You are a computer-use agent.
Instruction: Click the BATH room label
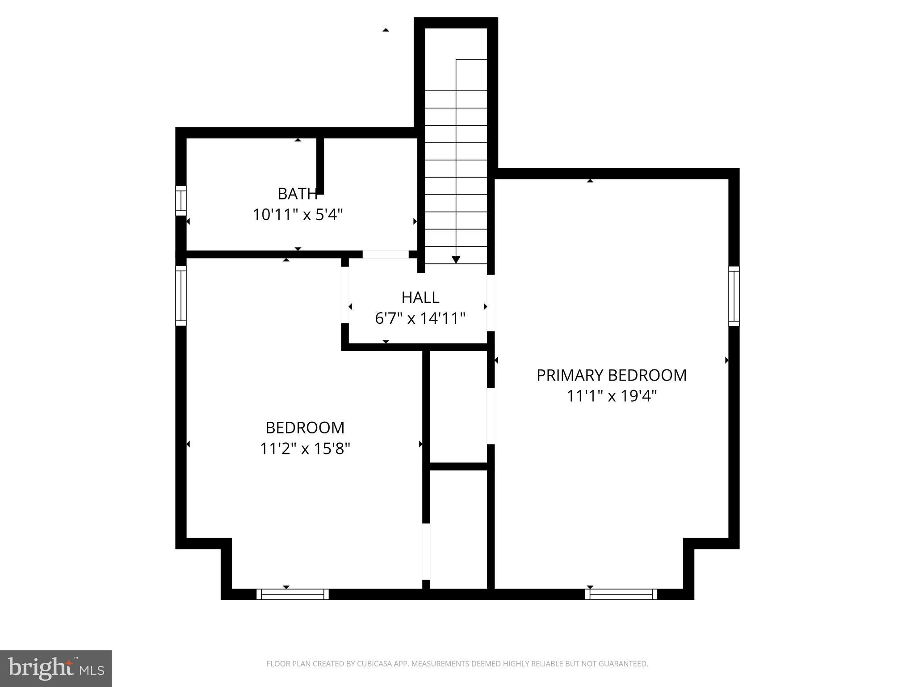pyautogui.click(x=297, y=194)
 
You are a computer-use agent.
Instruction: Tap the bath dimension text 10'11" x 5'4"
pyautogui.click(x=298, y=215)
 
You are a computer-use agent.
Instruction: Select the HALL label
pyautogui.click(x=420, y=297)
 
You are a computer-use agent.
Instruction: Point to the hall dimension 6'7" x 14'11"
pyautogui.click(x=420, y=318)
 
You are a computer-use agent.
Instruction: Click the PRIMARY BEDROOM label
pyautogui.click(x=611, y=375)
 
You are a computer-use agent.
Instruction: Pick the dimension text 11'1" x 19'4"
pyautogui.click(x=611, y=396)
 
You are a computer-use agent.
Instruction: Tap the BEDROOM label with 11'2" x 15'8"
pyautogui.click(x=305, y=428)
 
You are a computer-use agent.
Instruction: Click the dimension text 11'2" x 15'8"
pyautogui.click(x=305, y=448)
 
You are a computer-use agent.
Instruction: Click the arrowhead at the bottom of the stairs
pyautogui.click(x=456, y=259)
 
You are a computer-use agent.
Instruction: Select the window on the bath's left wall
pyautogui.click(x=180, y=201)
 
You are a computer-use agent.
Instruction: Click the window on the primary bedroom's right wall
pyautogui.click(x=734, y=296)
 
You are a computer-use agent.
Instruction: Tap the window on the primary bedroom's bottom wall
pyautogui.click(x=621, y=594)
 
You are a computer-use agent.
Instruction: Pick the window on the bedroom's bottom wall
pyautogui.click(x=293, y=594)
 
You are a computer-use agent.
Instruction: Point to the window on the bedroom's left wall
pyautogui.click(x=180, y=296)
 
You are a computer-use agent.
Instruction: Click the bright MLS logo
pyautogui.click(x=56, y=668)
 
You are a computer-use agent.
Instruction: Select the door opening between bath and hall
pyautogui.click(x=385, y=254)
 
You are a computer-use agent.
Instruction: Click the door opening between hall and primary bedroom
pyautogui.click(x=491, y=303)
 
